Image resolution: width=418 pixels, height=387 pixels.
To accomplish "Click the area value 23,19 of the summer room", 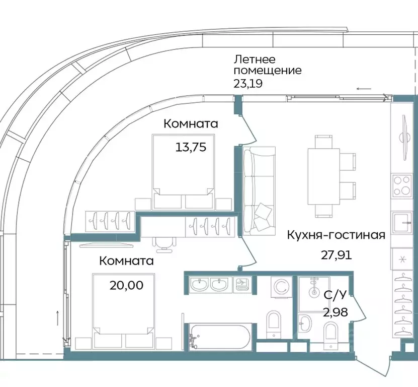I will [248, 83].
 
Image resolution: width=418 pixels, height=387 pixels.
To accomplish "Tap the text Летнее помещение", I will [267, 64].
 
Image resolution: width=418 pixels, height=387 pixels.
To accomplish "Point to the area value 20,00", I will [126, 285].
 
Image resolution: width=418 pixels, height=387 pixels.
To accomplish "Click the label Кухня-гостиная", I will [336, 235].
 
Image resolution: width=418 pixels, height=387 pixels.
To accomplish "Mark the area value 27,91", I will [336, 254].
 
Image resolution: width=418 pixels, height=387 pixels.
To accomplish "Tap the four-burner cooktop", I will [402, 186].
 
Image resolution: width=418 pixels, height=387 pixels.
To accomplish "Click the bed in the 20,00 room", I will [123, 310].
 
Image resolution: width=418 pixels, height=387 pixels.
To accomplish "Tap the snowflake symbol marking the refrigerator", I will [402, 260].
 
